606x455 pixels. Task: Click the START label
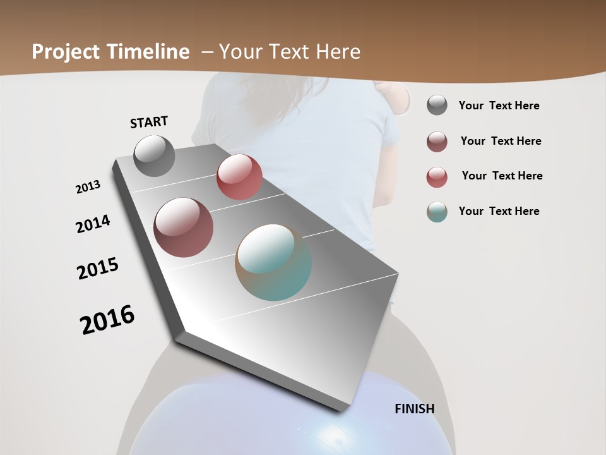(149, 122)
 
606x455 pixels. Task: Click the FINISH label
(415, 409)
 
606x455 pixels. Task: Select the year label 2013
(88, 187)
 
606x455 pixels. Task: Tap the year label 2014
(93, 224)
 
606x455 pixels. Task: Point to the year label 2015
(98, 269)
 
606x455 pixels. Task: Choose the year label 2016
(107, 320)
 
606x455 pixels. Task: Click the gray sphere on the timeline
(154, 155)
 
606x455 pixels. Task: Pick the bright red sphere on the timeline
(239, 177)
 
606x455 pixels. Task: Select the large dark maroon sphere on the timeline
(183, 227)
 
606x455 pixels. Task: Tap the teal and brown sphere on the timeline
(273, 262)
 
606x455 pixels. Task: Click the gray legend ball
(437, 106)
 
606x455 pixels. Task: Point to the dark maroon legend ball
(437, 142)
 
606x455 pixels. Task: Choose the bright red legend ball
(437, 177)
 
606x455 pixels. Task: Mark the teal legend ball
(437, 212)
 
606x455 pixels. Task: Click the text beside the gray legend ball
(499, 106)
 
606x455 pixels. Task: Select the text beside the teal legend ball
(499, 211)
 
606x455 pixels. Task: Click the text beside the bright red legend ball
(502, 176)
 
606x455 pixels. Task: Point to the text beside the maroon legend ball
(501, 141)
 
